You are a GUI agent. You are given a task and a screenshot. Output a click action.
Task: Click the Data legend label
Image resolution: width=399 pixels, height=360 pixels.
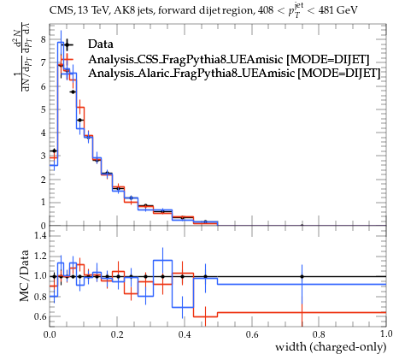(101, 44)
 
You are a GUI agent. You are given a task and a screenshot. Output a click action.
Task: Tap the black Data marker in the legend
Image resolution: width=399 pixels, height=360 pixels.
(67, 44)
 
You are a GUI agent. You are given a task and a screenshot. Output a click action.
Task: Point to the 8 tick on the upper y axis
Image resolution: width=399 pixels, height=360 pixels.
(43, 39)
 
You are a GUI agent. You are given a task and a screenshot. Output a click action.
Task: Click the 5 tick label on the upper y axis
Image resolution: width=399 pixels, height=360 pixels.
(43, 109)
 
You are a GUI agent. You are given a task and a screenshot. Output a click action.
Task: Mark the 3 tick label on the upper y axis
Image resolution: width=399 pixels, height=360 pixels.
(43, 156)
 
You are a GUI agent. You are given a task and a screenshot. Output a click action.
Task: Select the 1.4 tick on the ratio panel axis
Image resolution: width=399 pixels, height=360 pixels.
(40, 235)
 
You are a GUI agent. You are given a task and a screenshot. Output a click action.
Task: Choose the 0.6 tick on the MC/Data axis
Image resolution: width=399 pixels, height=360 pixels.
(40, 316)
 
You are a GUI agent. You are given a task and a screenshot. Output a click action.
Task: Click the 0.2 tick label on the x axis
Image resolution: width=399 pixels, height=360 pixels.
(117, 334)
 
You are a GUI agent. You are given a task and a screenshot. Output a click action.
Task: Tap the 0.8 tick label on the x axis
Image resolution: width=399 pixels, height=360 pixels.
(319, 334)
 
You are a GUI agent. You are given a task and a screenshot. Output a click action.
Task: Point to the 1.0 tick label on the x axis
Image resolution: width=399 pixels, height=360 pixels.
(386, 334)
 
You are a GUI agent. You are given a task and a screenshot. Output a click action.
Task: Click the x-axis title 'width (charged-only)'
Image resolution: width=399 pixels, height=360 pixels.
(331, 347)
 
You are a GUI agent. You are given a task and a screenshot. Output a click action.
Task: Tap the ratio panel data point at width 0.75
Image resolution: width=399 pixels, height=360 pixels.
(302, 276)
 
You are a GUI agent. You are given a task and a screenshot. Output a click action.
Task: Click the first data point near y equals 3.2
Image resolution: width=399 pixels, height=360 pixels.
(54, 150)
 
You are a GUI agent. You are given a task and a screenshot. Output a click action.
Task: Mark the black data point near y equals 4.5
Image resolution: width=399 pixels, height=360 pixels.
(80, 121)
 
